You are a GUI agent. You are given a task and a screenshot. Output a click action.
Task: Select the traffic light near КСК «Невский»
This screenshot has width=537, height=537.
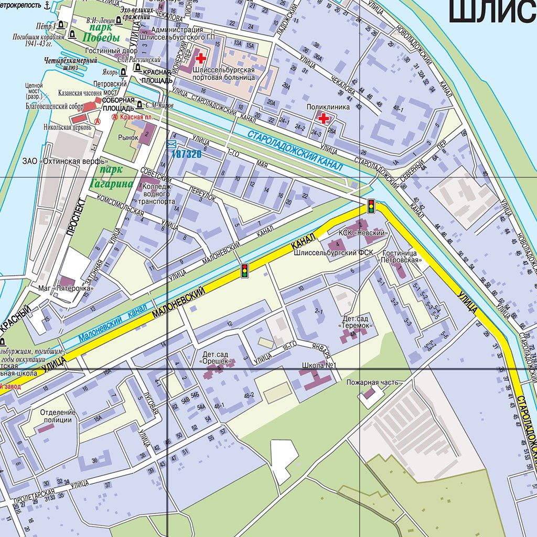pyautogui.click(x=371, y=206)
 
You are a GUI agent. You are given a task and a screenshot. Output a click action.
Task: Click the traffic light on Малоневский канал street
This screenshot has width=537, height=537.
pyautogui.click(x=244, y=271)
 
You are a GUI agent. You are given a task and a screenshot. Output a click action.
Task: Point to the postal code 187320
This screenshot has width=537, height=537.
pyautogui.click(x=186, y=154)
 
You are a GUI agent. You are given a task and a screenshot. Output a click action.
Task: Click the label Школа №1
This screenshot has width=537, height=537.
pyautogui.click(x=319, y=365)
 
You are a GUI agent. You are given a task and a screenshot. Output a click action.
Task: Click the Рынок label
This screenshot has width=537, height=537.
pyautogui.click(x=127, y=137)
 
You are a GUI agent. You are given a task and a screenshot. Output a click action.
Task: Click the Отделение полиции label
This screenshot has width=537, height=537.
pyautogui.click(x=58, y=416)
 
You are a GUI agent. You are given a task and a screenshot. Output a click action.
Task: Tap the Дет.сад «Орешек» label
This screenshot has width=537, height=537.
pyautogui.click(x=214, y=358)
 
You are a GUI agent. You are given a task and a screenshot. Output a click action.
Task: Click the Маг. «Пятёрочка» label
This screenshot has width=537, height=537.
pyautogui.click(x=66, y=288)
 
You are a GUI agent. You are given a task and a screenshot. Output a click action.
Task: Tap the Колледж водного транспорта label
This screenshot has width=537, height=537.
pyautogui.click(x=157, y=194)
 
